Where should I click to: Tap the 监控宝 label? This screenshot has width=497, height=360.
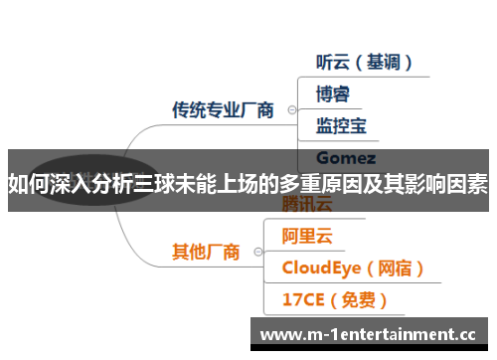(340, 125)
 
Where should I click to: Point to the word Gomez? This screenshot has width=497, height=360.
(345, 157)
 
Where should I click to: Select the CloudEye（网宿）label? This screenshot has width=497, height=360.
(353, 268)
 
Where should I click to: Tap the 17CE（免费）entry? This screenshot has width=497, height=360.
(334, 298)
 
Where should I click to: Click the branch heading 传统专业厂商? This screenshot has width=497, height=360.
(223, 109)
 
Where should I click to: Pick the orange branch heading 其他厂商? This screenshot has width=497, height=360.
(206, 252)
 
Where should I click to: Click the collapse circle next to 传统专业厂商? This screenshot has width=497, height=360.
(290, 109)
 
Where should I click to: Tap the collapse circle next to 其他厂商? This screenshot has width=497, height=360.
(256, 252)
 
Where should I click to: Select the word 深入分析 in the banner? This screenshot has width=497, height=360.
(96, 183)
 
